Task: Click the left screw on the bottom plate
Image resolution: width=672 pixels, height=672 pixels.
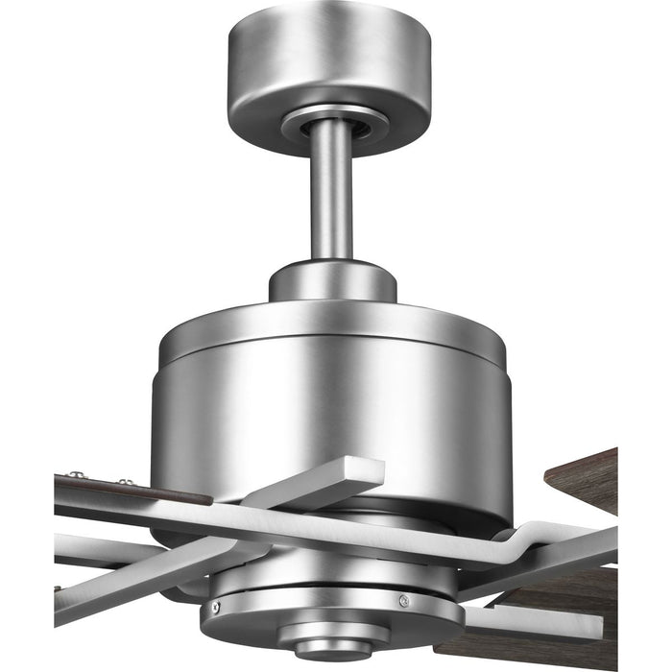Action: (x=215, y=608)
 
